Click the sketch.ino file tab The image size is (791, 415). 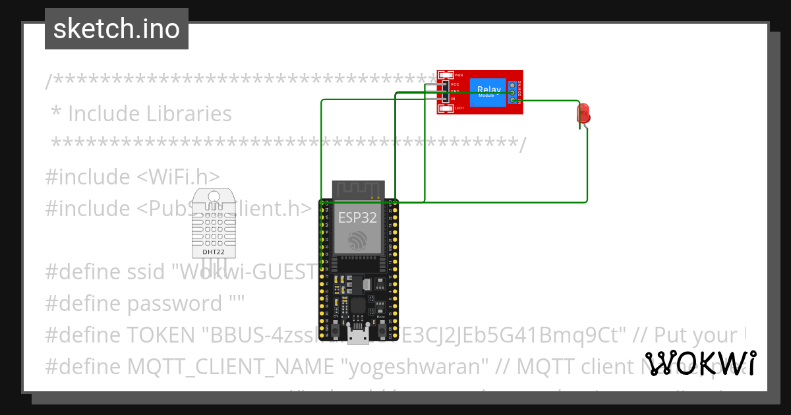point(117,29)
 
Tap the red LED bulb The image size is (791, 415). point(583,113)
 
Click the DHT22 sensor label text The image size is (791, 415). point(212,252)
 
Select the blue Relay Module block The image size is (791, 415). point(488,92)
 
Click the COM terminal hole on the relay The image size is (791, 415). point(512,93)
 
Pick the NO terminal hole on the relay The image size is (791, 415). point(512,100)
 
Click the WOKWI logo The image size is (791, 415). point(701,363)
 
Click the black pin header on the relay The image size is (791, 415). point(445,92)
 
